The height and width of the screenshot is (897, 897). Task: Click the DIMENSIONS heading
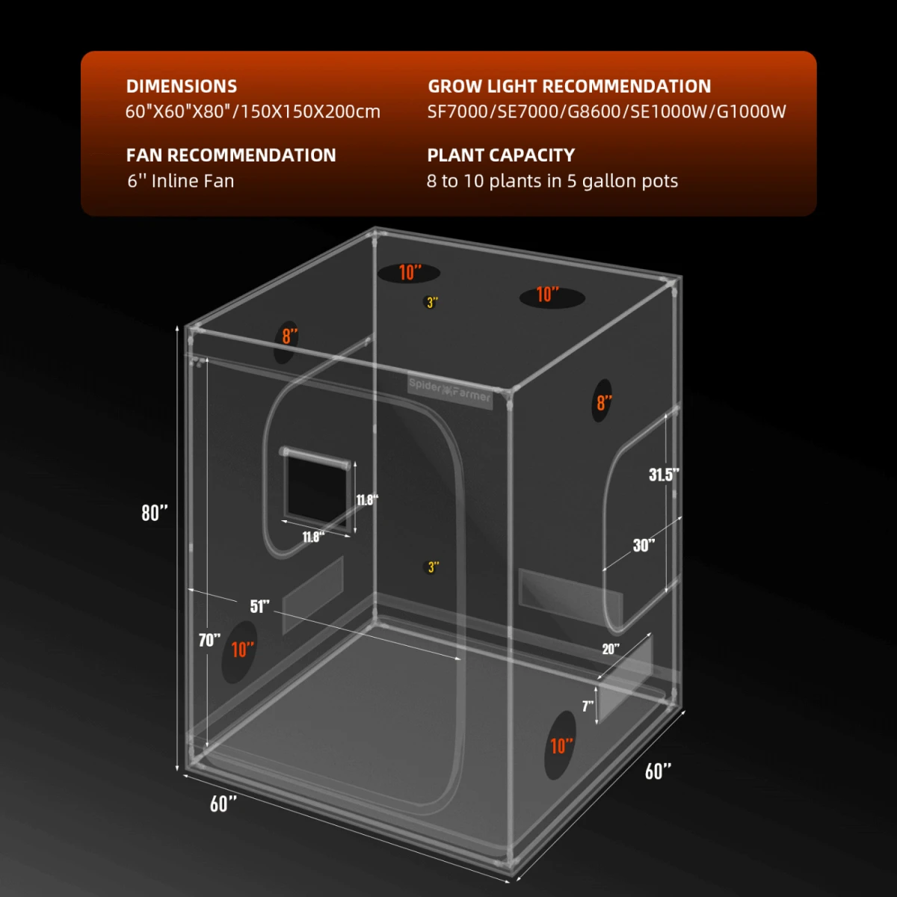click(x=182, y=86)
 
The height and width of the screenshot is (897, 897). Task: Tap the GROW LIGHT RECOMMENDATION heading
click(x=570, y=86)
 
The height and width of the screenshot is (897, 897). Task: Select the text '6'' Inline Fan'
click(x=181, y=181)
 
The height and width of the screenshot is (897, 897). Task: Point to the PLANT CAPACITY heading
click(x=501, y=155)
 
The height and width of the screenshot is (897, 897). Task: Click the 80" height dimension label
click(x=155, y=513)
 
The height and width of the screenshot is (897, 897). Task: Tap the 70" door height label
click(x=209, y=640)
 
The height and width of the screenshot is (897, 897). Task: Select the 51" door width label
click(x=259, y=605)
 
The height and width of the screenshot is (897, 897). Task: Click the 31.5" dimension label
click(x=664, y=475)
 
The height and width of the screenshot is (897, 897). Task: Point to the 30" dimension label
click(x=644, y=545)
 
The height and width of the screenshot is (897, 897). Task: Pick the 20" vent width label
click(x=611, y=649)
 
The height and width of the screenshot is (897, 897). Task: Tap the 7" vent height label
click(x=588, y=706)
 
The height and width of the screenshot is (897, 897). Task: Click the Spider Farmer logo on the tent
click(x=450, y=390)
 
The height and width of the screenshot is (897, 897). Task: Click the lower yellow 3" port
click(x=433, y=567)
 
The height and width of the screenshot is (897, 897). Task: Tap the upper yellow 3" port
click(x=432, y=303)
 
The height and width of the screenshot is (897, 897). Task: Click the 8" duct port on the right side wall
click(x=603, y=401)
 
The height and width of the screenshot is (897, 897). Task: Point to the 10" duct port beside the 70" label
click(x=240, y=651)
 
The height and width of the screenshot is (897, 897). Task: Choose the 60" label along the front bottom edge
click(x=224, y=803)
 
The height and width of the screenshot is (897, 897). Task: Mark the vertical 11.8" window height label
click(x=367, y=500)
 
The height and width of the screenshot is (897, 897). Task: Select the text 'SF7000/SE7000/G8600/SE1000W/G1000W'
click(x=606, y=111)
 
